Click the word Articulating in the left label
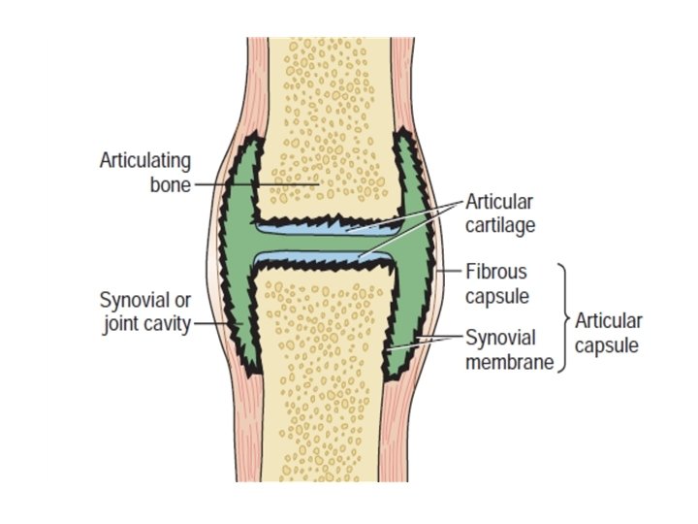tap(144, 160)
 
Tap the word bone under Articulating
tap(170, 184)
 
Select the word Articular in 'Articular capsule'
tap(609, 320)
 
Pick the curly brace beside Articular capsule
tap(562, 316)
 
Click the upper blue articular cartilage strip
tap(320, 228)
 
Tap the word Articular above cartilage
tap(498, 201)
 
